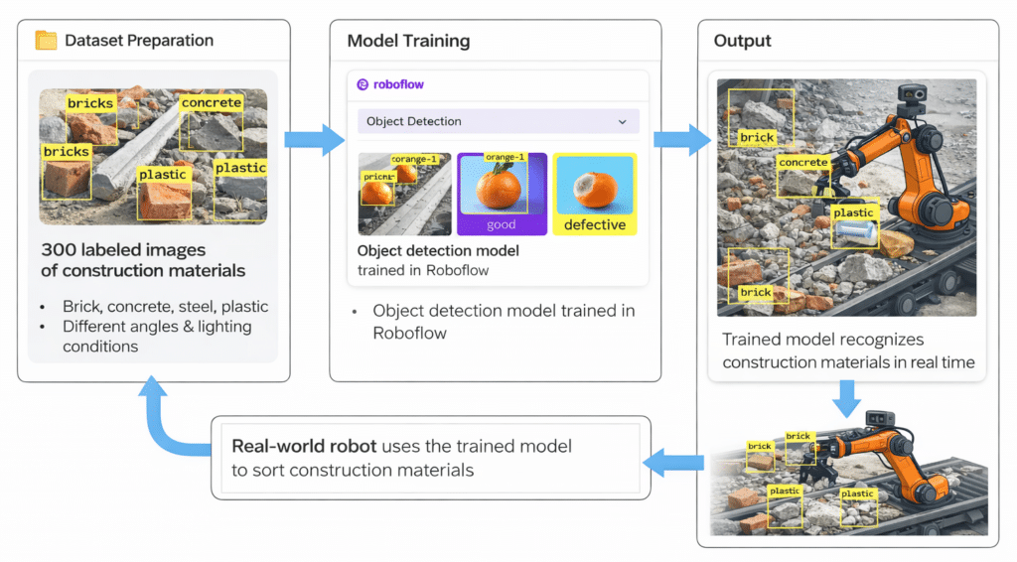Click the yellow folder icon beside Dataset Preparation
(46, 41)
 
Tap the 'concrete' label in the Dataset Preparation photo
(211, 102)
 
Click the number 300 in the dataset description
(59, 249)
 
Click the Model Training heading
(408, 41)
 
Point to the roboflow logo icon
(363, 84)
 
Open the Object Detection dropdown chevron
(623, 121)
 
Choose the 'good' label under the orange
(502, 224)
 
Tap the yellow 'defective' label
(595, 224)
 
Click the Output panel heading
(743, 41)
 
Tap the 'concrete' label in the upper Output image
(802, 163)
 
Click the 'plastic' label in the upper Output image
(853, 212)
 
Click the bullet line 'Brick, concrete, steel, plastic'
(165, 306)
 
